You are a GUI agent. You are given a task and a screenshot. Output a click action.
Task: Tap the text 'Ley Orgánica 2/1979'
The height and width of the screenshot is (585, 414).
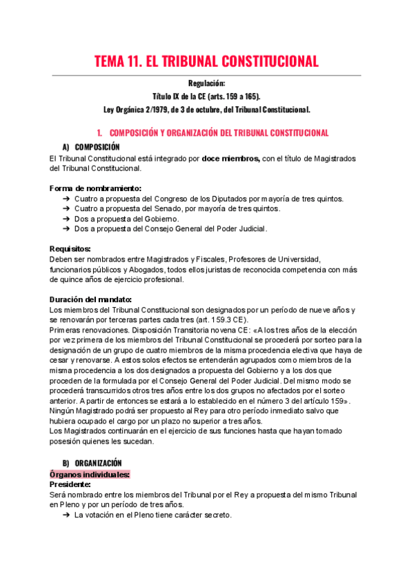click(139, 109)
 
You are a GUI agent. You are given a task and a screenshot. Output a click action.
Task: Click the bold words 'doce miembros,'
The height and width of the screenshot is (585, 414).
click(231, 159)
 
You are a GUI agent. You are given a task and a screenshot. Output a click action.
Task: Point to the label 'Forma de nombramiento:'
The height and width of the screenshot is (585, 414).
click(96, 188)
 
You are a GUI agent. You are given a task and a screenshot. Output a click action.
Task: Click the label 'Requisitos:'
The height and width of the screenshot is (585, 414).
click(70, 249)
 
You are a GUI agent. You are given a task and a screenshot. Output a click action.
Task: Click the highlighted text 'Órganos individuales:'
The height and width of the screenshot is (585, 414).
click(90, 475)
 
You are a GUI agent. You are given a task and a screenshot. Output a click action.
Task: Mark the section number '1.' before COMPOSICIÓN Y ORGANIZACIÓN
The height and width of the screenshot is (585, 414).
click(100, 132)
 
